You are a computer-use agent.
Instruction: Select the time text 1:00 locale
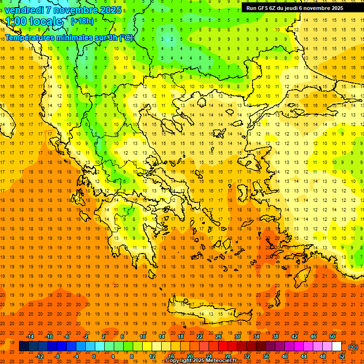(x=34, y=21)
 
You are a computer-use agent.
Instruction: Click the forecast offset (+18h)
(x=82, y=21)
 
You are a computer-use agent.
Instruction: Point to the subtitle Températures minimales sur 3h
(x=62, y=38)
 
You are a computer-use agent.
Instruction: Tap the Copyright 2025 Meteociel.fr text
(x=201, y=361)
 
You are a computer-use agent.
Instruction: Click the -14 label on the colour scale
(x=30, y=337)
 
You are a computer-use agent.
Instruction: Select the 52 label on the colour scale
(x=342, y=356)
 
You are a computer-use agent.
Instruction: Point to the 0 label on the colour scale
(x=93, y=356)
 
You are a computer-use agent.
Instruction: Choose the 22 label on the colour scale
(x=200, y=337)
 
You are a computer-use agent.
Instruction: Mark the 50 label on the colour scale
(x=332, y=337)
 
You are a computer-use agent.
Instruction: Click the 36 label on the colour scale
(x=266, y=356)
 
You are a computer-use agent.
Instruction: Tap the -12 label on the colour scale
(x=39, y=356)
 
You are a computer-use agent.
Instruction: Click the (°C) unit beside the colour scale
(x=353, y=347)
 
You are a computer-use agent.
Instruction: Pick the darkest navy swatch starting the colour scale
(x=24, y=346)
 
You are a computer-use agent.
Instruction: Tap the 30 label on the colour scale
(x=237, y=337)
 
